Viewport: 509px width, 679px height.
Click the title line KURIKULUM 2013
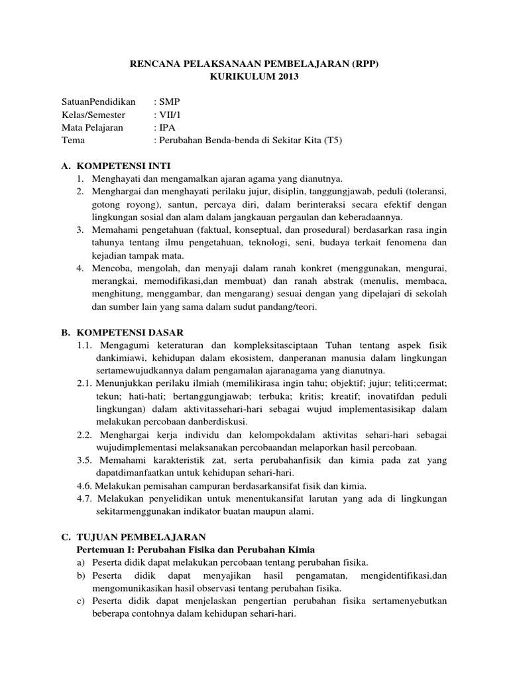(x=254, y=78)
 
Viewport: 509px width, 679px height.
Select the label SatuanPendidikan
(x=98, y=102)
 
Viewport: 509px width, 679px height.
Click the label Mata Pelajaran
(x=92, y=127)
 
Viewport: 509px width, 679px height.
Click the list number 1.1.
(x=85, y=345)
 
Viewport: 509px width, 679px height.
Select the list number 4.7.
(x=85, y=499)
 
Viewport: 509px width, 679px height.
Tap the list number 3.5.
(x=85, y=460)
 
